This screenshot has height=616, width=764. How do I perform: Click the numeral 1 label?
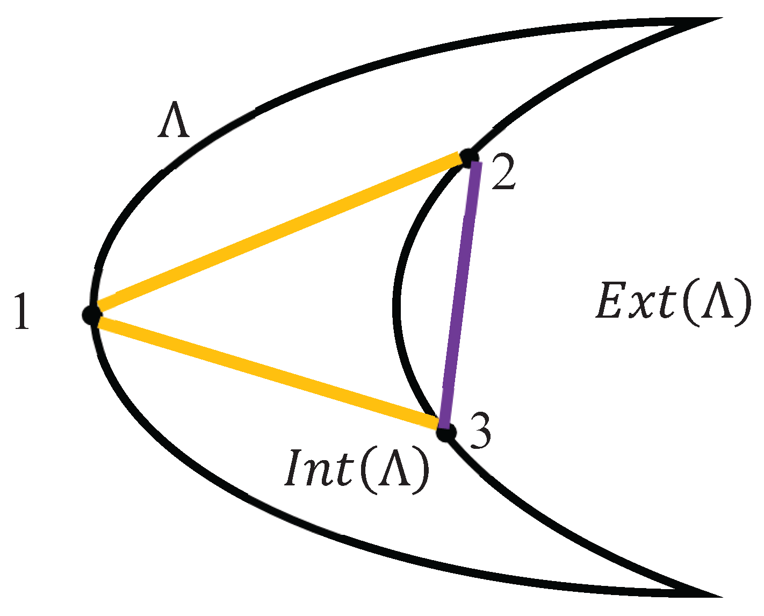[21, 312]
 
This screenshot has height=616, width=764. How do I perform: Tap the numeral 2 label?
[503, 175]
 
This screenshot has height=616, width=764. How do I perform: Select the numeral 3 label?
[480, 431]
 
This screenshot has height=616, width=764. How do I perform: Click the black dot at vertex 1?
[92, 314]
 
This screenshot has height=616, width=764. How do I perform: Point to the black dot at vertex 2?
[469, 157]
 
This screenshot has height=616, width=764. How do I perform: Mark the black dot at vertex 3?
[445, 432]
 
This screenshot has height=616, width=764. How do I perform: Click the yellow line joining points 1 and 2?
[279, 235]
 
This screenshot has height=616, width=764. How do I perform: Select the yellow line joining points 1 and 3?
[269, 372]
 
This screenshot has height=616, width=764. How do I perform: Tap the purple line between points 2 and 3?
[459, 295]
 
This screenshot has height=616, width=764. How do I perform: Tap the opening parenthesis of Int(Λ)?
[368, 469]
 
